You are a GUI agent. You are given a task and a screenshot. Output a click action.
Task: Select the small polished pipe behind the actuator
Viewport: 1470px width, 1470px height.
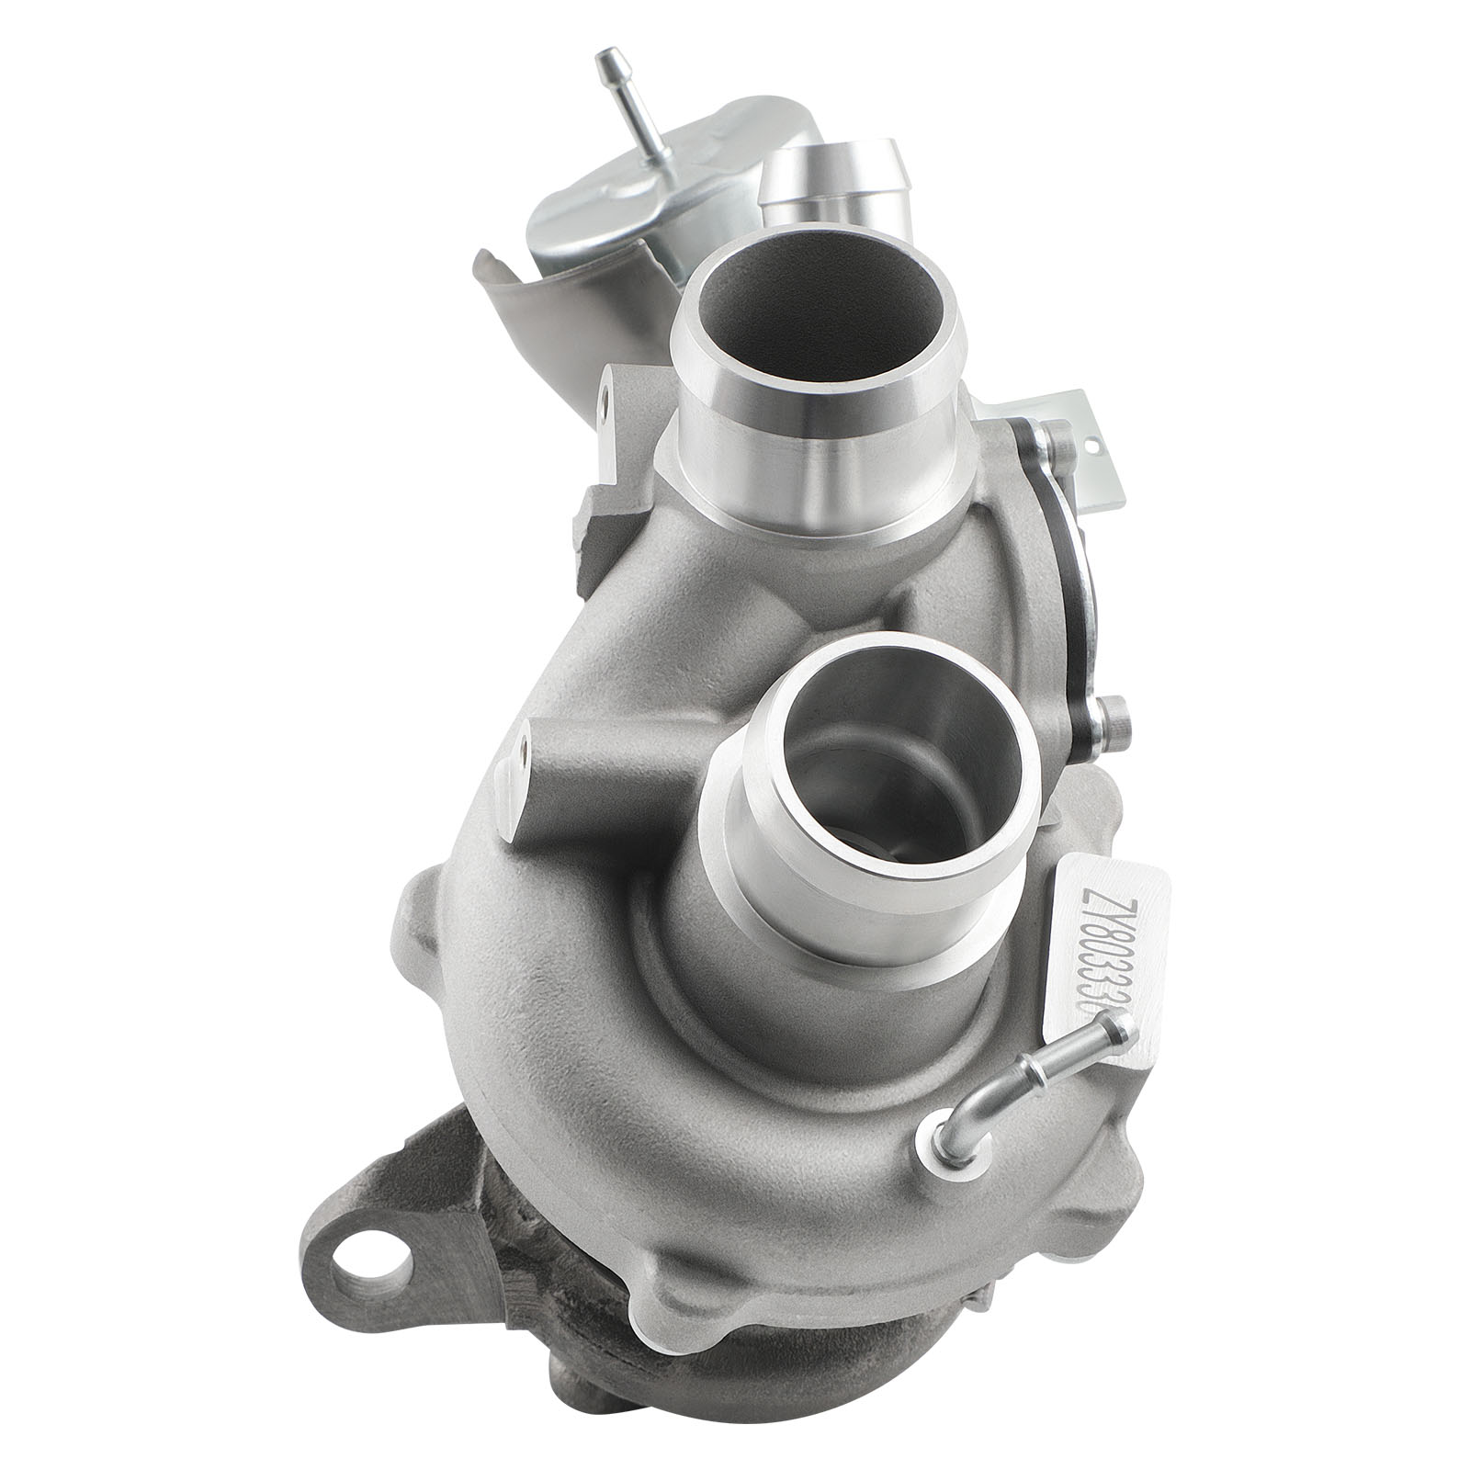[x=831, y=184]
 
